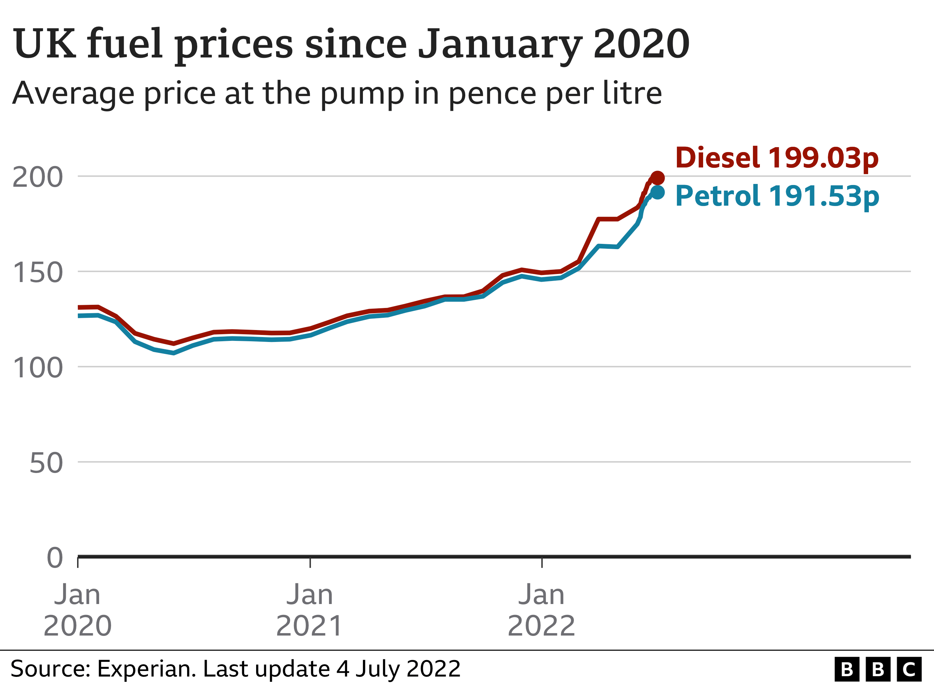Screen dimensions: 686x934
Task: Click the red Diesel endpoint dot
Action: [657, 178]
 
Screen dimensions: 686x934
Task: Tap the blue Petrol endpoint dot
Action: [658, 192]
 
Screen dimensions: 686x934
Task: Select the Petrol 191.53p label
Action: [777, 196]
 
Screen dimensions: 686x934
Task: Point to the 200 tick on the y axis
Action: [38, 178]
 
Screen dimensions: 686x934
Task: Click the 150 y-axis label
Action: [38, 273]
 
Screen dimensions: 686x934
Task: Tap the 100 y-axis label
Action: [38, 368]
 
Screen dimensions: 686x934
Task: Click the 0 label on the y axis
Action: [55, 558]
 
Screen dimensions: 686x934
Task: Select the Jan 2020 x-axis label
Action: [78, 610]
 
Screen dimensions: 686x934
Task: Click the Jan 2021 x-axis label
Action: [310, 610]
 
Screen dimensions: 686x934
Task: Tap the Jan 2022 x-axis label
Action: [541, 610]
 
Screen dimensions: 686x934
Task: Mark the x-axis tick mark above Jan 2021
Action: [310, 563]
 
